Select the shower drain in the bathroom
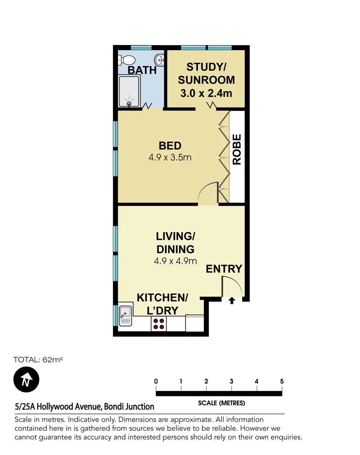point(129,103)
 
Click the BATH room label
point(142,70)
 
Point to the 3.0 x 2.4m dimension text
point(206,93)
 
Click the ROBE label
point(237,149)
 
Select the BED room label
point(170,146)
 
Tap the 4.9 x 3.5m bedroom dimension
point(170,158)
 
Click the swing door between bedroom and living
point(208,194)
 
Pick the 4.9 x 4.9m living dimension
point(175,261)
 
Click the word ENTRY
point(224,269)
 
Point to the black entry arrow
point(232,300)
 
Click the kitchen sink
point(125,316)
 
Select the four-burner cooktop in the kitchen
point(159,324)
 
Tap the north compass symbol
point(26,380)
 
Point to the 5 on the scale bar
point(282,382)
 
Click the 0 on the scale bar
point(156,382)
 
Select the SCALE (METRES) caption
point(221,403)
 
